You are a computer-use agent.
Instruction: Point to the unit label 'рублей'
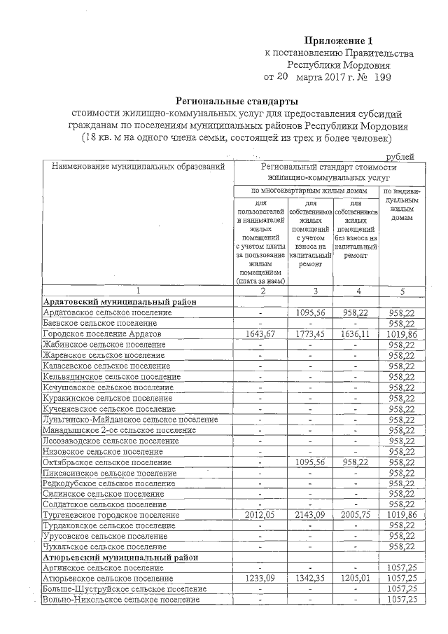[400, 156]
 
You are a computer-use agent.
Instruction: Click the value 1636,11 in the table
[356, 335]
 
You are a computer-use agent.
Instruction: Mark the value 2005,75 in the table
[356, 515]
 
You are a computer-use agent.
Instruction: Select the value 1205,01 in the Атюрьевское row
[356, 579]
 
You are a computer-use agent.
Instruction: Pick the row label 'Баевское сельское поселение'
[99, 324]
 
